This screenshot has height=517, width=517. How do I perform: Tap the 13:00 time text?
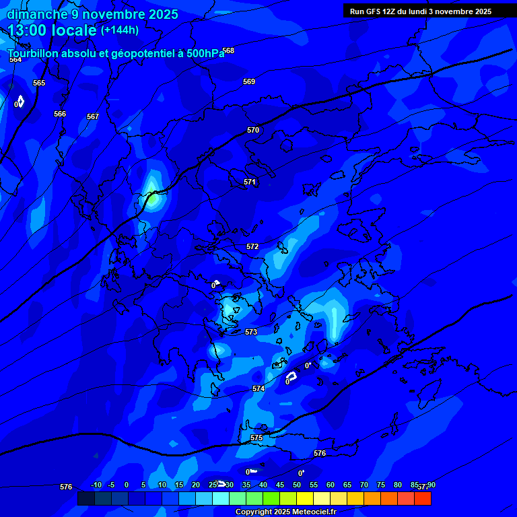[x=28, y=30]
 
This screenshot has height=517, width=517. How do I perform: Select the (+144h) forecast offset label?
[x=120, y=30]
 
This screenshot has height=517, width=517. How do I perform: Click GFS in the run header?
[x=374, y=11]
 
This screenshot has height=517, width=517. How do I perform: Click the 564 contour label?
[x=15, y=59]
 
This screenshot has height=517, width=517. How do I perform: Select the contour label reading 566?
[x=60, y=114]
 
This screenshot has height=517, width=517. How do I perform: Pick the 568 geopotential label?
[x=228, y=50]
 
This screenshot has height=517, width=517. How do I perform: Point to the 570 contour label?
[x=252, y=130]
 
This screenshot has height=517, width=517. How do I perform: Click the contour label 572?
[x=252, y=246]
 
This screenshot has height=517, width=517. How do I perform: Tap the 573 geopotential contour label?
[x=251, y=332]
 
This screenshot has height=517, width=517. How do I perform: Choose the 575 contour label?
[x=256, y=438]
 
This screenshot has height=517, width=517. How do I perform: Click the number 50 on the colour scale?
[x=297, y=485]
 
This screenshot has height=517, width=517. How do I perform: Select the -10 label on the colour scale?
[x=96, y=485]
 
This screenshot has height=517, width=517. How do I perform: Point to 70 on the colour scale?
[x=364, y=485]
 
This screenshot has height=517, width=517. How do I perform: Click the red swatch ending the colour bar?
[x=423, y=499]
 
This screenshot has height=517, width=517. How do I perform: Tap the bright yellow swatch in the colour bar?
[x=305, y=499]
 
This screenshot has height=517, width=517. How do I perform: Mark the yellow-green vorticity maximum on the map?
[x=153, y=198]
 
